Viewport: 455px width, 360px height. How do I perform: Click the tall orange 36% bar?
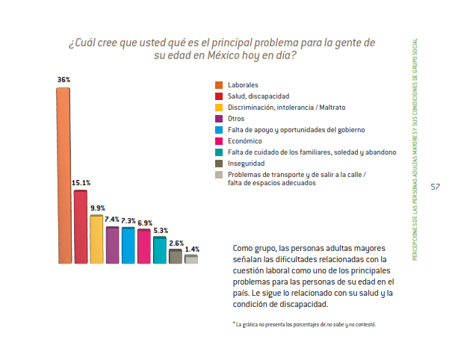tap(64, 176)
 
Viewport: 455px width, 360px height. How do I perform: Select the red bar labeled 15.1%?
tap(80, 226)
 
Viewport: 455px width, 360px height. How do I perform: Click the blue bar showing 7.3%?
tap(128, 245)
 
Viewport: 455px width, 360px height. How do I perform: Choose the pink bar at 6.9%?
tap(143, 246)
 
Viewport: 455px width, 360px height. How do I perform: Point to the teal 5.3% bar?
tap(159, 249)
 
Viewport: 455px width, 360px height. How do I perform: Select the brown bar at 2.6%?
tap(176, 256)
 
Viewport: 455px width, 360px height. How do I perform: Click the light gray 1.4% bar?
tap(191, 259)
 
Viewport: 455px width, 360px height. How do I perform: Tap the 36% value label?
tap(64, 79)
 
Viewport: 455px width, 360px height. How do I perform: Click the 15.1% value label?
tap(80, 182)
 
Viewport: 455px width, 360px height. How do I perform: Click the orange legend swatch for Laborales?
tap(219, 85)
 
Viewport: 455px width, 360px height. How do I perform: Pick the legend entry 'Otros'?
tap(235, 119)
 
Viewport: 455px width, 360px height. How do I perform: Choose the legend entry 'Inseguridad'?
tap(246, 163)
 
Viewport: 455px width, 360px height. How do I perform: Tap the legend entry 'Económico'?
tap(244, 140)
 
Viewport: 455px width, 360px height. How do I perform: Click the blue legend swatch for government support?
tap(219, 129)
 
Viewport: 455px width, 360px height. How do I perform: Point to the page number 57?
tap(435, 187)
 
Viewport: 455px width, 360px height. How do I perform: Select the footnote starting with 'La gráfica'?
tap(305, 324)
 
